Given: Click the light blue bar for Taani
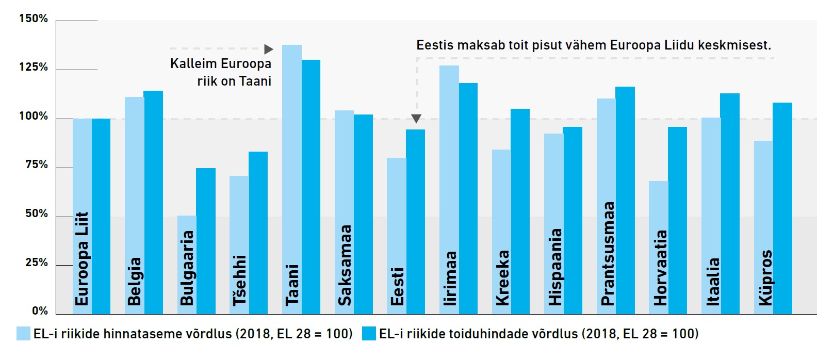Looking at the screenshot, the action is (x=292, y=179).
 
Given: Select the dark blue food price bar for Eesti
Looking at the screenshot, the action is (x=415, y=222).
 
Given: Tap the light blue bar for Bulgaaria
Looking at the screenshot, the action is (x=187, y=265).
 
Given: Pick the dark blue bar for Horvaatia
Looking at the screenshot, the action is (x=677, y=220).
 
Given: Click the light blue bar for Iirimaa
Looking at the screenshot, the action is (x=449, y=190).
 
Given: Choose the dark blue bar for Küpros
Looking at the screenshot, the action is (x=782, y=208).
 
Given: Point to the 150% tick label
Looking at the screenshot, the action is (x=34, y=18).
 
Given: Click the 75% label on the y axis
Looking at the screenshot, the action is (x=37, y=165).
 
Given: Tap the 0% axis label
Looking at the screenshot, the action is (x=40, y=311).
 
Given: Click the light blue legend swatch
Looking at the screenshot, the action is (x=23, y=333).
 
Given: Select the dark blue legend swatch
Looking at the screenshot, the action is (x=369, y=333).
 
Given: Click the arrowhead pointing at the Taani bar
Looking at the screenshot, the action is (x=269, y=49).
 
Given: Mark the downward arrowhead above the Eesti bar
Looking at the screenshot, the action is (x=416, y=119).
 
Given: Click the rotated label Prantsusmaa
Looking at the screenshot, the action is (x=608, y=253).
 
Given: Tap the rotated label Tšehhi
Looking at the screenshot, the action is (x=240, y=280).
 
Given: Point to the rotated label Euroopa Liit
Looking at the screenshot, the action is (x=81, y=258).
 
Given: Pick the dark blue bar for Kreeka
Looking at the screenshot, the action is (x=520, y=211).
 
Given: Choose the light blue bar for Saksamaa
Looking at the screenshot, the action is (x=345, y=212).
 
